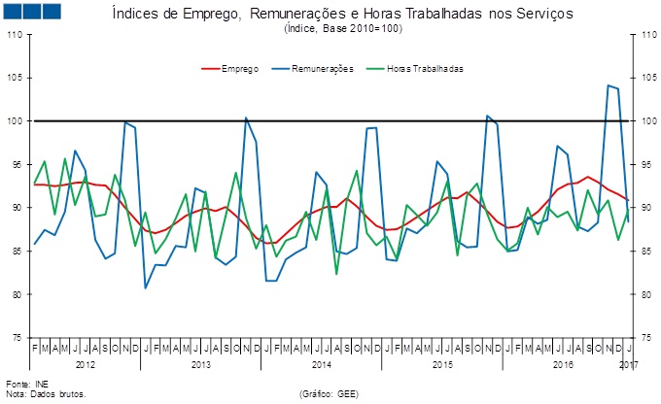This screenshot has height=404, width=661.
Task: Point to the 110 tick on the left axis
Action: click(x=16, y=35)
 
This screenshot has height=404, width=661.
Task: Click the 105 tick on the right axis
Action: click(x=641, y=78)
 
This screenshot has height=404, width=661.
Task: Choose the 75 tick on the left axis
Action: click(x=17, y=337)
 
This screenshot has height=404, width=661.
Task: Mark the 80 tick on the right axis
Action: click(x=641, y=293)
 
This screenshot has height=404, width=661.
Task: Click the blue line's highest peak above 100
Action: click(x=608, y=85)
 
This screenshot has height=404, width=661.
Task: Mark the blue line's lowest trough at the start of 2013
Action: click(x=146, y=287)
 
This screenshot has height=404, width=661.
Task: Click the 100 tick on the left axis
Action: click(x=16, y=121)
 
